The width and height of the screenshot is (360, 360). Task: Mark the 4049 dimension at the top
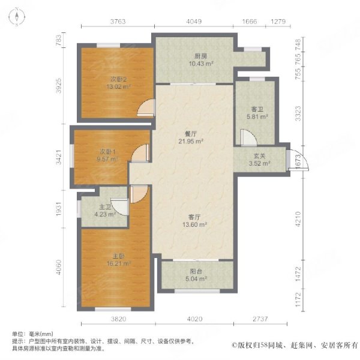tap(194, 22)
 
